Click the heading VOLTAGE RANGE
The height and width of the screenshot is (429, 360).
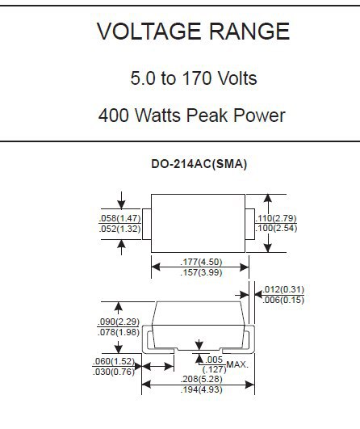193,32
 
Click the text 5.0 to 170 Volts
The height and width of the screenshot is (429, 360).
194,78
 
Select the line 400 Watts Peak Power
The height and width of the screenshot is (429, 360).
192,116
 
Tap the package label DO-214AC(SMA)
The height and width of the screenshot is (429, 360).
199,164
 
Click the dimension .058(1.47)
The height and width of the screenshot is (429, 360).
120,218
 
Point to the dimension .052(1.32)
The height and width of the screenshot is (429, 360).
120,229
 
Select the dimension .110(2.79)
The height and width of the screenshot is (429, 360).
276,218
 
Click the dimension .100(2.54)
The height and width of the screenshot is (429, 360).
276,228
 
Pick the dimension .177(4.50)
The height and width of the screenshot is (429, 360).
201,262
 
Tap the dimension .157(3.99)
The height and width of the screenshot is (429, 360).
201,272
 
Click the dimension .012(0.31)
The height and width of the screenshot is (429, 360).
283,289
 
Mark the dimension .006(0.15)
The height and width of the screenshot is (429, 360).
283,300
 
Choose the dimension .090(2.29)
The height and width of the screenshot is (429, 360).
119,322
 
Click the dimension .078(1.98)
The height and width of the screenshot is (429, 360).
119,332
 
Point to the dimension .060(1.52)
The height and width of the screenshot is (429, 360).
114,361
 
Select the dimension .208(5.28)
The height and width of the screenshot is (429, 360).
202,379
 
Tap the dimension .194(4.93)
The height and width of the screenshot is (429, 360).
202,390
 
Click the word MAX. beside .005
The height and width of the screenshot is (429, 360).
237,364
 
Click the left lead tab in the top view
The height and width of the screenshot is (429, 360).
147,225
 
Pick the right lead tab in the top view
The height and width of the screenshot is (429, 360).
250,225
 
